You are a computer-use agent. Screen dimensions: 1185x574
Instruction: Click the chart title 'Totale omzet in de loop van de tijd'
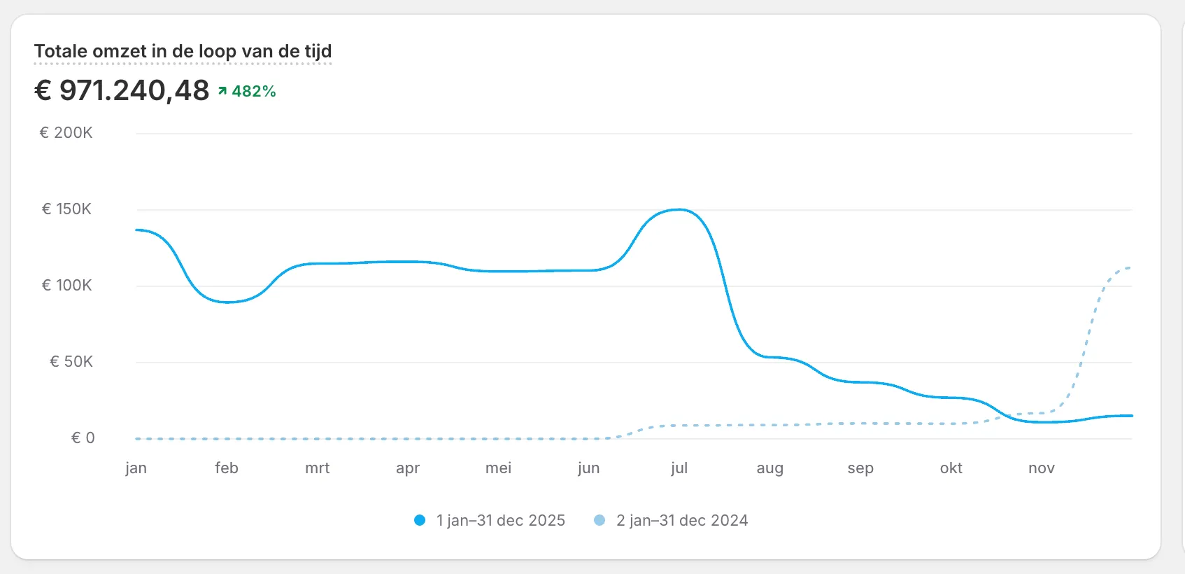pyautogui.click(x=183, y=51)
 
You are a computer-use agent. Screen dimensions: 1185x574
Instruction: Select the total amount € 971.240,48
pyautogui.click(x=122, y=90)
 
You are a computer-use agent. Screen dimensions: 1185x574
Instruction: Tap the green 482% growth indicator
pyautogui.click(x=247, y=91)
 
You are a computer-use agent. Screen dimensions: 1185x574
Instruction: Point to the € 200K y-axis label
pyautogui.click(x=66, y=132)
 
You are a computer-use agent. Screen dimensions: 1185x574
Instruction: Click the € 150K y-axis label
pyautogui.click(x=66, y=209)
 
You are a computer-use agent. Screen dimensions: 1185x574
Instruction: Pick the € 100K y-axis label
pyautogui.click(x=66, y=286)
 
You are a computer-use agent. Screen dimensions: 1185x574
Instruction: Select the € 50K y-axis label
pyautogui.click(x=71, y=362)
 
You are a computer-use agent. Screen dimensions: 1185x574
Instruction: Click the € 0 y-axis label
pyautogui.click(x=83, y=438)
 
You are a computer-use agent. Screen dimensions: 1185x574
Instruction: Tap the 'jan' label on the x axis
pyautogui.click(x=136, y=468)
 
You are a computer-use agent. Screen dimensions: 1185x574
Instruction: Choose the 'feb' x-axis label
pyautogui.click(x=227, y=468)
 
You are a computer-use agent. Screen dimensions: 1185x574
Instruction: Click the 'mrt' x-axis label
pyautogui.click(x=318, y=468)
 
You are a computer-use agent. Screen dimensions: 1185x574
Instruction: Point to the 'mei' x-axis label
pyautogui.click(x=498, y=468)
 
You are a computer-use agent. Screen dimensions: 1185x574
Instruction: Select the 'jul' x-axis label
pyautogui.click(x=679, y=468)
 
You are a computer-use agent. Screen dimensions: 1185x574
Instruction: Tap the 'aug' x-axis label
pyautogui.click(x=769, y=468)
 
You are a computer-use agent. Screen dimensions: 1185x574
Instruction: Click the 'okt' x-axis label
pyautogui.click(x=951, y=468)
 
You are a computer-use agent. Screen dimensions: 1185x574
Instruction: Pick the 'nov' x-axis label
pyautogui.click(x=1042, y=468)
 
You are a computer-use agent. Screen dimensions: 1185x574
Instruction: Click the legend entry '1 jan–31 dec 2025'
pyautogui.click(x=490, y=521)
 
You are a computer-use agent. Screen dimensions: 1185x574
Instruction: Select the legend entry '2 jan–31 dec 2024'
pyautogui.click(x=671, y=521)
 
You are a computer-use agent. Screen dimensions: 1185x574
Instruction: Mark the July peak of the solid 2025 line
pyautogui.click(x=679, y=210)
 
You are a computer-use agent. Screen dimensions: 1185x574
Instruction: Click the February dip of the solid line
pyautogui.click(x=227, y=302)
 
